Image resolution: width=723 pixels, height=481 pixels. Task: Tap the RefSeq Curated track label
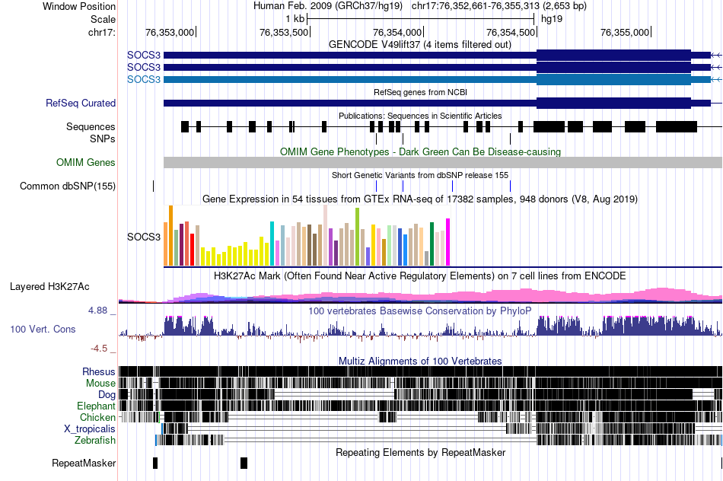click(81, 103)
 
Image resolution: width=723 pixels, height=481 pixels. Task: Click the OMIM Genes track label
click(86, 162)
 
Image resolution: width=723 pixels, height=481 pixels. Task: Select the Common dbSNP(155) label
click(68, 186)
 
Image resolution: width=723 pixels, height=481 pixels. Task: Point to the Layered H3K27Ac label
click(49, 287)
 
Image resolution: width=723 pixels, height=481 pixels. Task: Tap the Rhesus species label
click(99, 371)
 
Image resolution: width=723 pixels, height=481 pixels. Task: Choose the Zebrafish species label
click(95, 440)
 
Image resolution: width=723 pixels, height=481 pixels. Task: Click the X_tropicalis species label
click(90, 428)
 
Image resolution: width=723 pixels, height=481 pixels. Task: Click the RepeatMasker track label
click(84, 463)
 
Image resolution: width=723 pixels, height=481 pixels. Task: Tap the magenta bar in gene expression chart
click(448, 242)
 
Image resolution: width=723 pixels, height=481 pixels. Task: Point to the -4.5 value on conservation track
click(100, 349)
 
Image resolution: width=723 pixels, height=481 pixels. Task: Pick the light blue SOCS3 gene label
click(144, 79)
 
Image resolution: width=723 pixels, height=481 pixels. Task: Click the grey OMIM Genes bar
click(441, 162)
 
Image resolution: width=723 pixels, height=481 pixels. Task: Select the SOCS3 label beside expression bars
click(143, 237)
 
